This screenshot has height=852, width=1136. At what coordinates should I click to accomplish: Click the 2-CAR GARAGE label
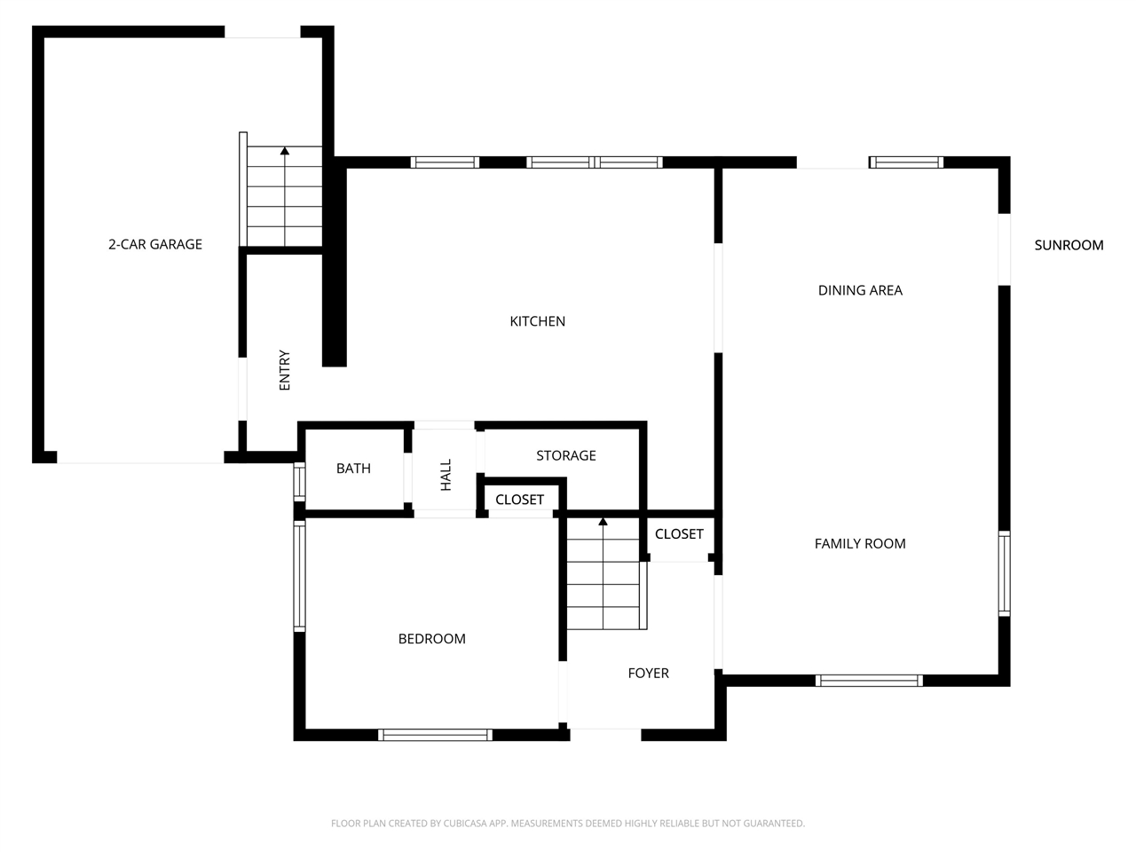154,244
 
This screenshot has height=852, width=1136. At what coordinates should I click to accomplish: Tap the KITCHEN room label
537,321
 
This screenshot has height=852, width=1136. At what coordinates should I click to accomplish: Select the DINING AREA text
860,290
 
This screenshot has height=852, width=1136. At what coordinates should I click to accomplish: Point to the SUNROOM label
1069,245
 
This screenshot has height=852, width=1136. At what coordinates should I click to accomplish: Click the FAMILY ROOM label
860,544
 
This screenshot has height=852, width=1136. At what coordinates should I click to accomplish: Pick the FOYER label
648,673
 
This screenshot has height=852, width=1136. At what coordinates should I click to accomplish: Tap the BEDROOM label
431,639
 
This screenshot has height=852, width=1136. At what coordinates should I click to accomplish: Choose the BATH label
353,469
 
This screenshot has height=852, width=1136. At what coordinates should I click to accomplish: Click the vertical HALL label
446,474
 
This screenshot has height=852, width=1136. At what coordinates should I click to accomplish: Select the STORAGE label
565,456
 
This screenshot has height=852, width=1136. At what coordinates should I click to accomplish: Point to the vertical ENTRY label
284,370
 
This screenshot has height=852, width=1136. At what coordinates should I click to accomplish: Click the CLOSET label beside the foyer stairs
679,534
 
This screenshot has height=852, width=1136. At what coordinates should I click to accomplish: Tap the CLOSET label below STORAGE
519,500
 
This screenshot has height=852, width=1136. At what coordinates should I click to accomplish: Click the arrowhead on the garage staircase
285,151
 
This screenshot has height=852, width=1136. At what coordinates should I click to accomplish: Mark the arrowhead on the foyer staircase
603,521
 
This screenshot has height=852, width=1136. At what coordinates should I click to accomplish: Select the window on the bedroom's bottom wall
435,735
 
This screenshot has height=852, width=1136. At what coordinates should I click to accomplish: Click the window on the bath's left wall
299,481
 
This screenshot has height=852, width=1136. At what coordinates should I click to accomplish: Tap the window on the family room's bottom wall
870,680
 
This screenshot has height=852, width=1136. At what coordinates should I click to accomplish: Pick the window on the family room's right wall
1004,573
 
